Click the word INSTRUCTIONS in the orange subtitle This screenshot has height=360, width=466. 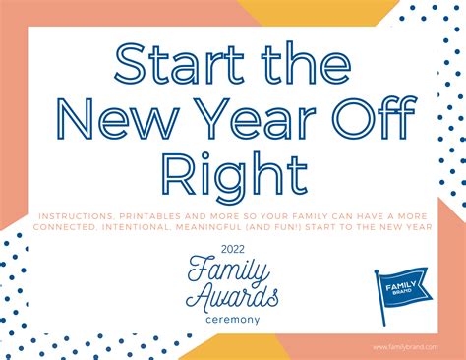76,216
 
